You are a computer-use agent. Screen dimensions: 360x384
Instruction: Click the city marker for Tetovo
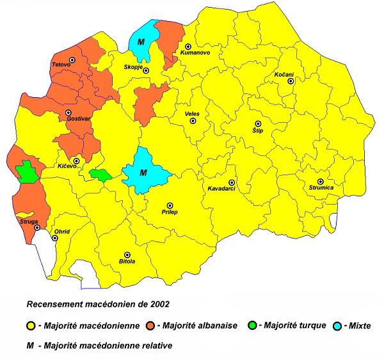(x=72, y=59)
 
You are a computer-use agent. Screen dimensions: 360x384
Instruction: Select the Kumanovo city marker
(x=188, y=47)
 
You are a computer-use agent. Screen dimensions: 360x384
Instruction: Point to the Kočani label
(x=284, y=75)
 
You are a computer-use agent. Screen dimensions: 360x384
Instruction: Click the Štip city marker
(x=259, y=123)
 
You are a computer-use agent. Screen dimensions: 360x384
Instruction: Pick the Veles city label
(x=191, y=113)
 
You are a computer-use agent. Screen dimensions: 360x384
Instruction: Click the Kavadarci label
(x=222, y=189)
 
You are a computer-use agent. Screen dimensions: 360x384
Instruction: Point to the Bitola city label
(x=127, y=262)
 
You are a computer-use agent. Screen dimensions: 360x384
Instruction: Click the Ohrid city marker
(x=55, y=239)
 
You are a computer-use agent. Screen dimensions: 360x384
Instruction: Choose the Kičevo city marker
(x=76, y=160)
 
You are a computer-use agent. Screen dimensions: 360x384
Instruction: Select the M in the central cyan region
(x=143, y=173)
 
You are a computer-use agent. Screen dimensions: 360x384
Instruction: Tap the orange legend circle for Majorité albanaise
(x=150, y=325)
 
